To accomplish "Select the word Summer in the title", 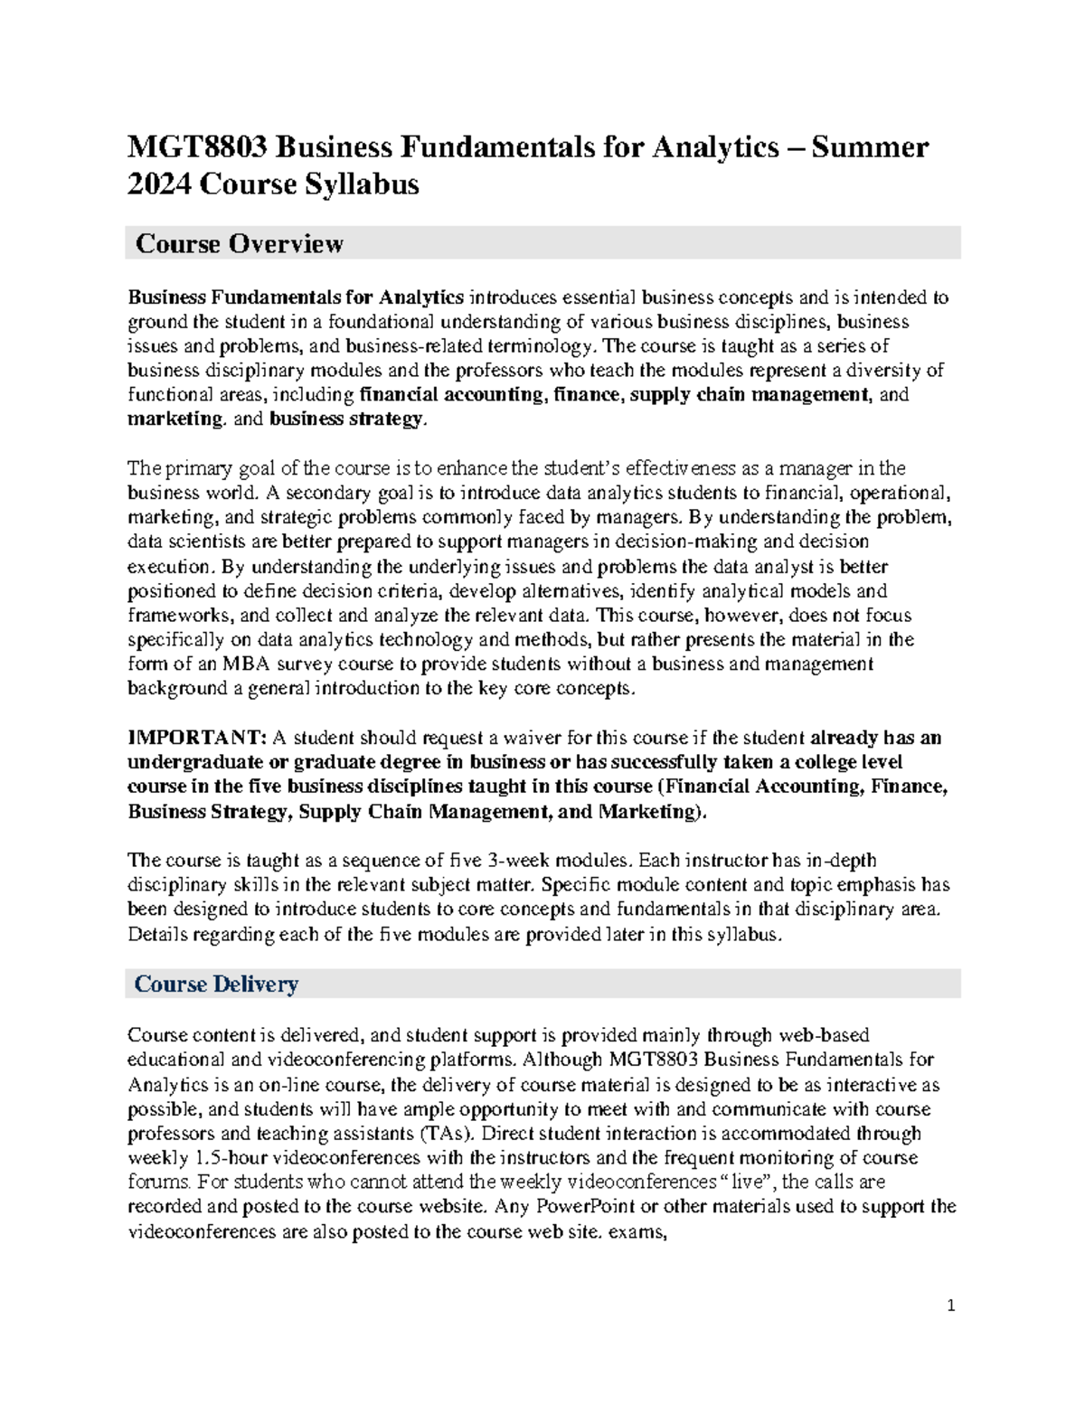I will [873, 146].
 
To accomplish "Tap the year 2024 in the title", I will [159, 184].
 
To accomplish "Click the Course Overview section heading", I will [239, 243].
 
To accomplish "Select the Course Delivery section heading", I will [215, 984].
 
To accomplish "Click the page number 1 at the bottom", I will [950, 1305].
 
